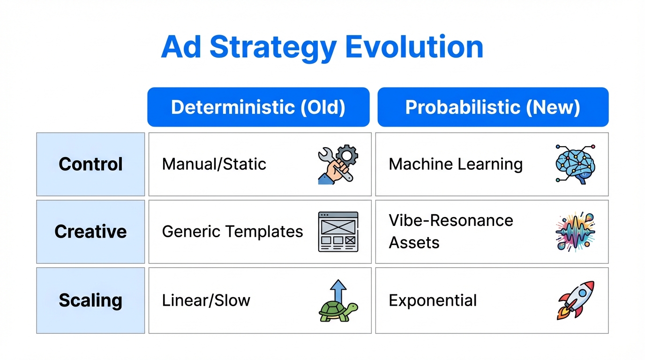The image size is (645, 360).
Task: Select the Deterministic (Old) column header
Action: pos(258,107)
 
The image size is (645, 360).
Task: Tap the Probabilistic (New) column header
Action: pos(493,107)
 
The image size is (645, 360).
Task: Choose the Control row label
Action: pos(90,164)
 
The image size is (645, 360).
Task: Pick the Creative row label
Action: pos(90,232)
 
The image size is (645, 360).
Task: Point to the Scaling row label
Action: pos(90,300)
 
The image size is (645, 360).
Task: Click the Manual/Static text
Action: pos(214,164)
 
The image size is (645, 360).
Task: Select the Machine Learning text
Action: pos(456,164)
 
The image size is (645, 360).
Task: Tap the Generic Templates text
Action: pos(232,232)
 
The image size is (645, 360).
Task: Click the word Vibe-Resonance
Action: pos(451,220)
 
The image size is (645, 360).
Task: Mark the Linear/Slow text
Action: pos(206,300)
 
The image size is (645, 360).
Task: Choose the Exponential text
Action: pos(433,300)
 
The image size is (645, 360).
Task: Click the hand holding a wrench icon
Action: pos(338,164)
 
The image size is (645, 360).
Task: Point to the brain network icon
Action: pos(575,164)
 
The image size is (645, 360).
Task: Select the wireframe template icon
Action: pos(338,232)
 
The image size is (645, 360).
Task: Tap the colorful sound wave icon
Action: pos(575,232)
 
